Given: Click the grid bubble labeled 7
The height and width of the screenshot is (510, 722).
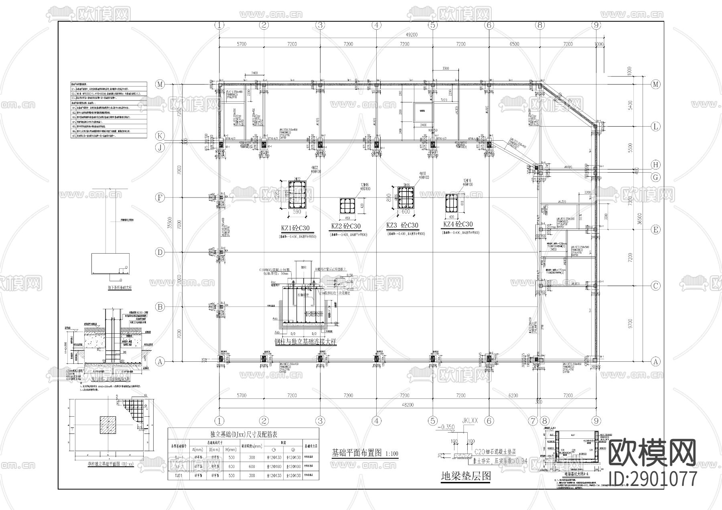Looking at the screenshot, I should point(532,421).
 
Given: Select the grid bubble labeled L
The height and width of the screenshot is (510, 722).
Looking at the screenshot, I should point(656,127).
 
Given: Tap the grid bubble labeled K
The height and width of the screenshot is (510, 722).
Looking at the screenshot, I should point(160,135).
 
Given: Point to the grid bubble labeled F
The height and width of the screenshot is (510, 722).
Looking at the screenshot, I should point(160,198).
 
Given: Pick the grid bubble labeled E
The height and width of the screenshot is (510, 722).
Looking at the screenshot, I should point(656,230).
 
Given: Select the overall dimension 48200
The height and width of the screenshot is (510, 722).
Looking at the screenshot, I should point(408,405).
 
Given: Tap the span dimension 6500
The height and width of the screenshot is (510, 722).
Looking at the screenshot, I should point(514,44).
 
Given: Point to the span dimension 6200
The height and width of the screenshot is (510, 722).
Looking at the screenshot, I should point(513,395).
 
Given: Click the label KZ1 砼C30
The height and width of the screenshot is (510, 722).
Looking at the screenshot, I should point(295,229).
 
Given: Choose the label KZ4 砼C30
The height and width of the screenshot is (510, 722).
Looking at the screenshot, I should point(458,224).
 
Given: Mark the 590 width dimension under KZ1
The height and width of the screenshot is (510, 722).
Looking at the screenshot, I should point(297,212).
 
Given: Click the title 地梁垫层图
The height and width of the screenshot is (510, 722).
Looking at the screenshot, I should point(465,476).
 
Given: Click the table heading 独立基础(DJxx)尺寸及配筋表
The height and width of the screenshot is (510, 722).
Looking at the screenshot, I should point(243,434).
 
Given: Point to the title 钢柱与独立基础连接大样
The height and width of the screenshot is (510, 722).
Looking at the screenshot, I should point(305,342).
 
